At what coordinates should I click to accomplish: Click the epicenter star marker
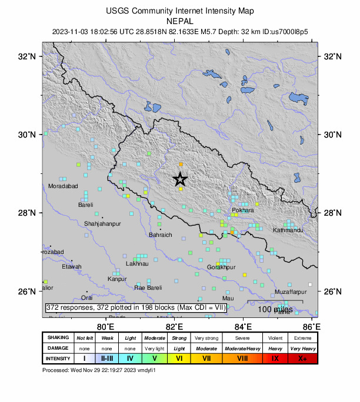click(180, 179)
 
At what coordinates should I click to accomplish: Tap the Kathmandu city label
click(288, 230)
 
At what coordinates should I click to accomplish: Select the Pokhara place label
click(243, 210)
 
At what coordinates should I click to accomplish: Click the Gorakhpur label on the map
click(221, 267)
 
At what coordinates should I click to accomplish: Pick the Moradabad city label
click(63, 186)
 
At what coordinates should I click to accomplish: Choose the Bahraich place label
click(161, 235)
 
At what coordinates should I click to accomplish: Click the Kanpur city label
click(117, 279)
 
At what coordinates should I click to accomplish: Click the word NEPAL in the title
click(180, 20)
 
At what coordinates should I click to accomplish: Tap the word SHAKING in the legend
click(57, 338)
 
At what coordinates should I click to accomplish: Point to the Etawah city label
click(72, 267)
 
